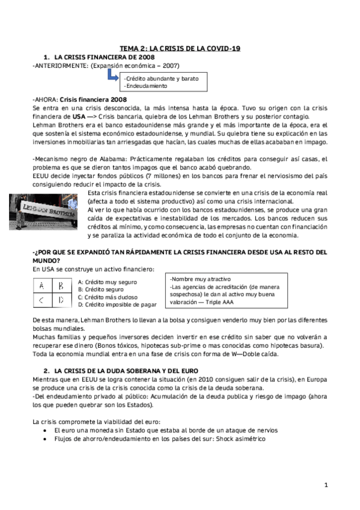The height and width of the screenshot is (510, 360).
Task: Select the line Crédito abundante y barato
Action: (x=152, y=78)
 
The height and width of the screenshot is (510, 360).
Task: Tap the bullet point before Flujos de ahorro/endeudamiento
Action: (x=46, y=439)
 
